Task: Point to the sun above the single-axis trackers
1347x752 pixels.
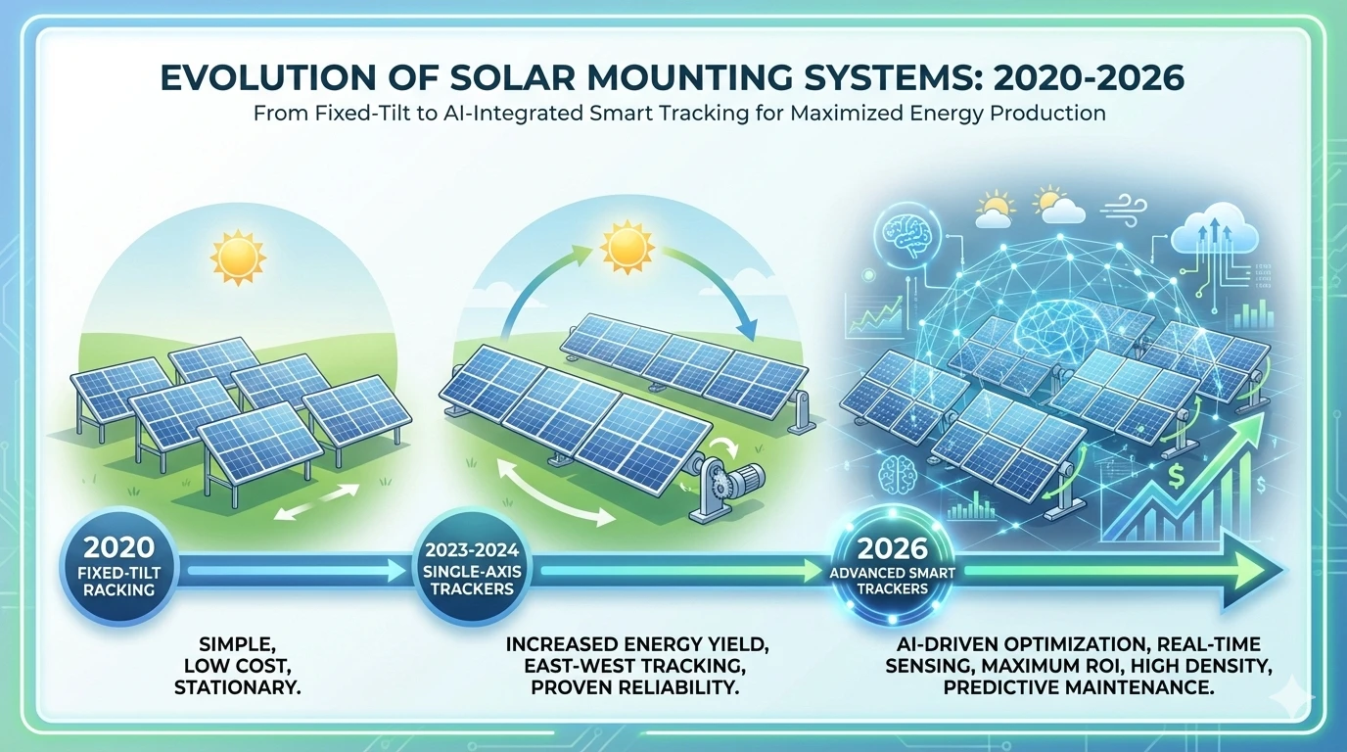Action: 627,247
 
